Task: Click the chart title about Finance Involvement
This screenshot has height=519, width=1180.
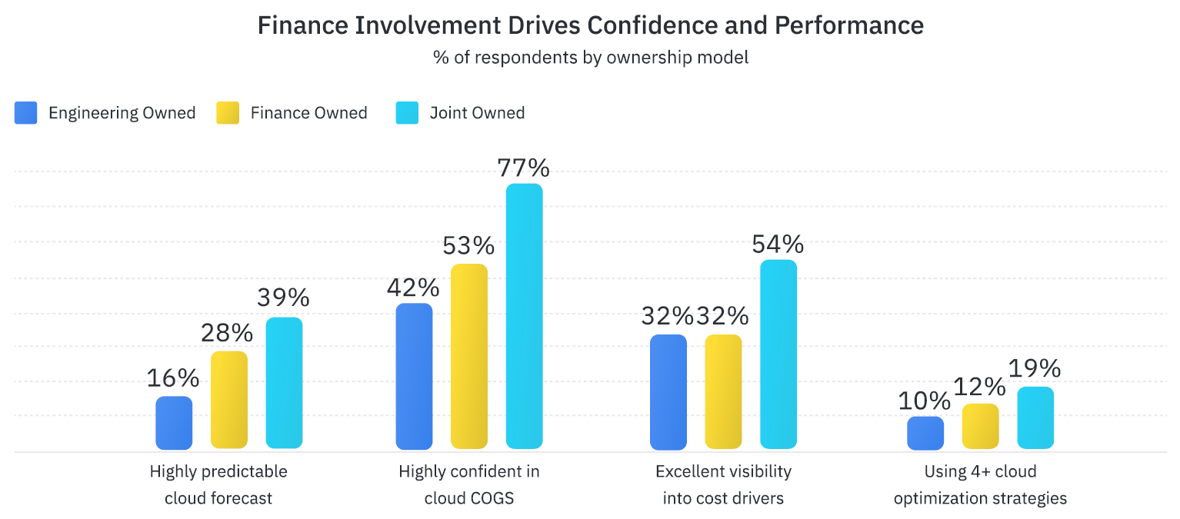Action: (590, 25)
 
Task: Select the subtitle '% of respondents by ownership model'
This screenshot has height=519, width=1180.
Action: (590, 58)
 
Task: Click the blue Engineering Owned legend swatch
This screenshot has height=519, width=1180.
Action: (25, 113)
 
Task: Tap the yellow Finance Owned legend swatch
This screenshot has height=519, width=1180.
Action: (228, 113)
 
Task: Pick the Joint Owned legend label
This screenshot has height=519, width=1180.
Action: (477, 113)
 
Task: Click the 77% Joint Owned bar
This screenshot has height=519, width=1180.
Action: (524, 315)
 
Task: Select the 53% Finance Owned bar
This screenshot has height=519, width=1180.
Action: (469, 356)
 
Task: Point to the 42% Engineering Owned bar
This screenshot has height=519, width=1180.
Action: (414, 376)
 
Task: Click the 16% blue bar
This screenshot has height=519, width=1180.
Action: (174, 422)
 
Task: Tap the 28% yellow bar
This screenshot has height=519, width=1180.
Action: (229, 400)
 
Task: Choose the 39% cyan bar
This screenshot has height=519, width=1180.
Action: (284, 382)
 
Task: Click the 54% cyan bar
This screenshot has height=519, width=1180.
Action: (778, 354)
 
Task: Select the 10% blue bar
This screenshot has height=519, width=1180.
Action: (925, 433)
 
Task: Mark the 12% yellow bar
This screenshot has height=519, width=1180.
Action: (981, 426)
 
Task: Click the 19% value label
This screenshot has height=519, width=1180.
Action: (1035, 369)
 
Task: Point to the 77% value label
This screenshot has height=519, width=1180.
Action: (524, 167)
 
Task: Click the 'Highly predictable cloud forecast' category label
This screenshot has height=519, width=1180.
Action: (218, 484)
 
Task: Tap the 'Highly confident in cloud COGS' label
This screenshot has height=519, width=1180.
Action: (469, 484)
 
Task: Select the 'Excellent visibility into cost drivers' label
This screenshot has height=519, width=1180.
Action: (723, 484)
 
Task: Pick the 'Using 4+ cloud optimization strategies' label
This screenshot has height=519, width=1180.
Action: (980, 484)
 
